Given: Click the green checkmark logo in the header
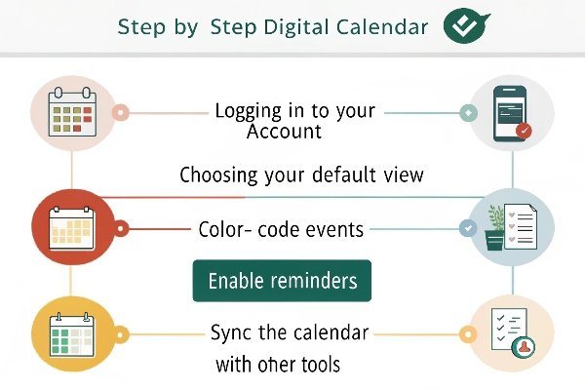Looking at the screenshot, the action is [466, 25].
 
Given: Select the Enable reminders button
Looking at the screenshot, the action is [282, 281].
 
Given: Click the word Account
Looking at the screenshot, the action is [284, 132].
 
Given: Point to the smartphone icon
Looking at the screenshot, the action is [510, 114].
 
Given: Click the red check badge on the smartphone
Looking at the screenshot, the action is [524, 131].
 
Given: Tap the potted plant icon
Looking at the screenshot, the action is [495, 227].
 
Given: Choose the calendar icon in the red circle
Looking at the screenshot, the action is [72, 228].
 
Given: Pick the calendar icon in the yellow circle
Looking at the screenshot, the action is [72, 334].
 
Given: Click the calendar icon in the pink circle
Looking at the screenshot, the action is [72, 112].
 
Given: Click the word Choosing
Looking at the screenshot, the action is [218, 175].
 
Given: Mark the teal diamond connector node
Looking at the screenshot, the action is [469, 113].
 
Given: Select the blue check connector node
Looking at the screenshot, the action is [468, 227].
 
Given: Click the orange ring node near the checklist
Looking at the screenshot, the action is [467, 334].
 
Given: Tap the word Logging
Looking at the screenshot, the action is [248, 111].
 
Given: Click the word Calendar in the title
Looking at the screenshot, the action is [382, 27].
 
